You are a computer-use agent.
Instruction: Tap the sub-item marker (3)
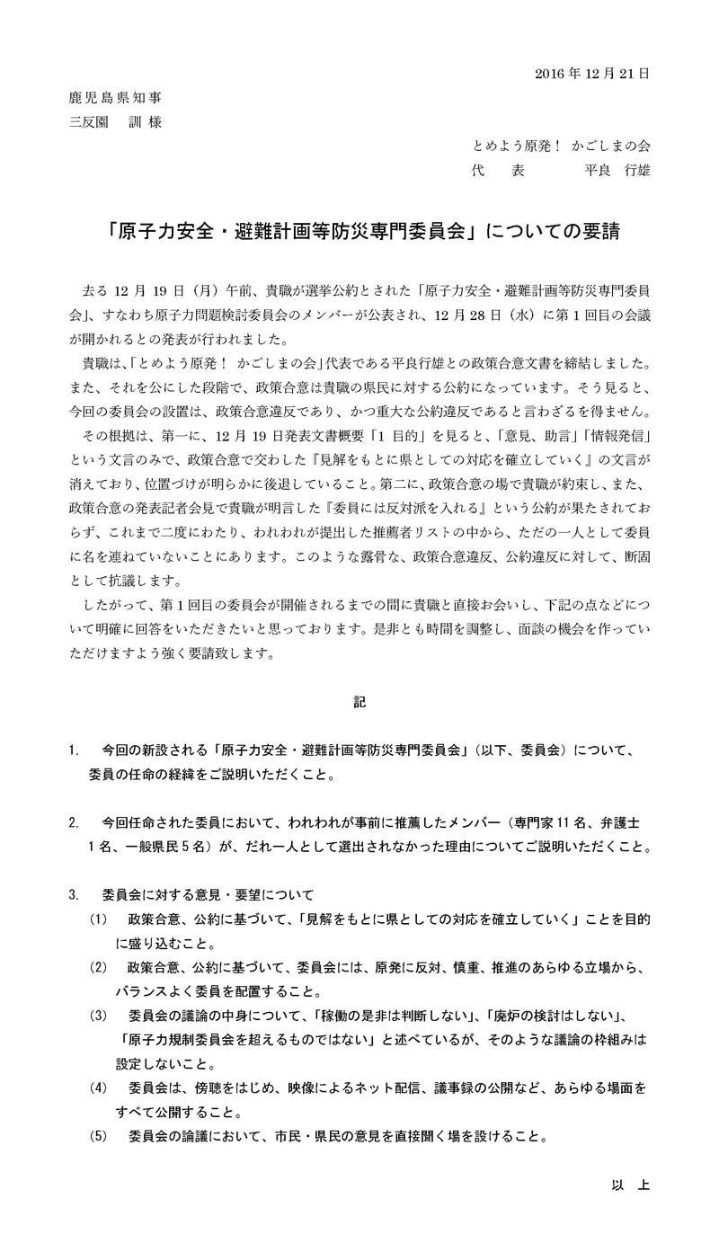pyautogui.click(x=98, y=1016)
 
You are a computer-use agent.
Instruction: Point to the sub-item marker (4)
pyautogui.click(x=98, y=1088)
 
